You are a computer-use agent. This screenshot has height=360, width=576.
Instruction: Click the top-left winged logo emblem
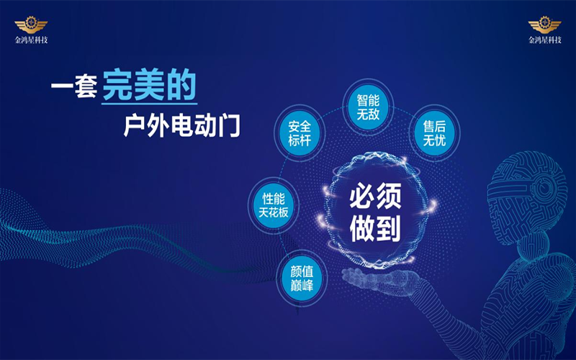[31, 25]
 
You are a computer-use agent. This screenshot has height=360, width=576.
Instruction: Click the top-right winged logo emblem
[545, 25]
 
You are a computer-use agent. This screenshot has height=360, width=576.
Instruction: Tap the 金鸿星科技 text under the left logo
[31, 40]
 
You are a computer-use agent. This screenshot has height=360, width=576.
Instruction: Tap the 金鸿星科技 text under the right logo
[545, 40]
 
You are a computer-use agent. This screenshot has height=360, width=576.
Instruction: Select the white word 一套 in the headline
[74, 86]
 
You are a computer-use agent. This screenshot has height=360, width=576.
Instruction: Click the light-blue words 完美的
[149, 85]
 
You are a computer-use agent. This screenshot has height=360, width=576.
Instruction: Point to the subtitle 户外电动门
[181, 125]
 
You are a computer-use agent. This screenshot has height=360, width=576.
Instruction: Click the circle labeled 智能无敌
[368, 107]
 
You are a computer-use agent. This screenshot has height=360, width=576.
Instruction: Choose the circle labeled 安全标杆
[300, 133]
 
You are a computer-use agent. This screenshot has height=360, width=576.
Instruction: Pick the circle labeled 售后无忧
[434, 133]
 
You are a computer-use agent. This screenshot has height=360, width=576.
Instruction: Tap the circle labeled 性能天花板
[274, 205]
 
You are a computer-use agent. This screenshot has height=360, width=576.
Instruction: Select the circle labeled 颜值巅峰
[302, 278]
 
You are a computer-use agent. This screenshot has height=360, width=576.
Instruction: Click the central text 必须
[375, 197]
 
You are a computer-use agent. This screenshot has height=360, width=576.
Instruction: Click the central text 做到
[375, 228]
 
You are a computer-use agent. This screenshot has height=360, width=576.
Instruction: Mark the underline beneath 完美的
[149, 104]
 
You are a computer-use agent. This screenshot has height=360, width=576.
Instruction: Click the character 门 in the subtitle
[229, 125]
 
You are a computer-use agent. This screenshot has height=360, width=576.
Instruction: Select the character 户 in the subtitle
[135, 125]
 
